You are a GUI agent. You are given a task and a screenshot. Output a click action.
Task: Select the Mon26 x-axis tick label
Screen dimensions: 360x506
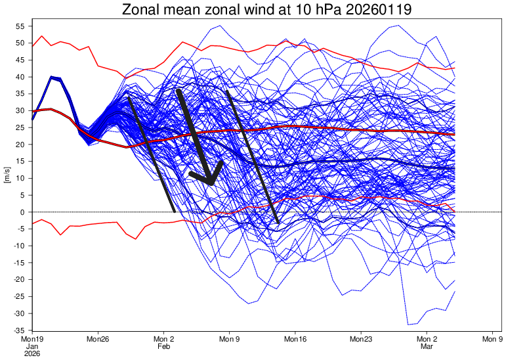point(97,339)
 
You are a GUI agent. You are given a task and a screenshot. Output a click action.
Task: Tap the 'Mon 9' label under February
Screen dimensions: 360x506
point(229,339)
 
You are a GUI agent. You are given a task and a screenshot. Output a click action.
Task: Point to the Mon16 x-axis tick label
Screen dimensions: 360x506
point(295,339)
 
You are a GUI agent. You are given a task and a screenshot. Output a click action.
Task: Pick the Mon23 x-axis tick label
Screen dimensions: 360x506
point(361,339)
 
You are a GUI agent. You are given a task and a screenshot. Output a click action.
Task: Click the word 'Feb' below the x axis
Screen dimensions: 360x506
point(163,346)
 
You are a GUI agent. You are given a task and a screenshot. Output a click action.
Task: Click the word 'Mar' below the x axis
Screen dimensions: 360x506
point(427,346)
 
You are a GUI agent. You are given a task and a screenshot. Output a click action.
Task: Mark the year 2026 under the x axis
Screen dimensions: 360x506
point(32,353)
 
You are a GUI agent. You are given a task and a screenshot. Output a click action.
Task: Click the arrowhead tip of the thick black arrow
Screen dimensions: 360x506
point(210,183)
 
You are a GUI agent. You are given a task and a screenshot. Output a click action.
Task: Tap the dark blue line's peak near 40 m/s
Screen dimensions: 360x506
point(52,77)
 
